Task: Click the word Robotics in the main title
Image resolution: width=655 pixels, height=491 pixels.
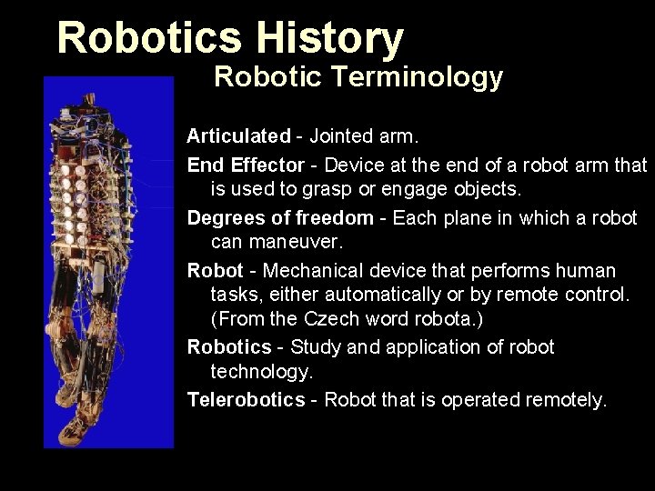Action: pyautogui.click(x=148, y=38)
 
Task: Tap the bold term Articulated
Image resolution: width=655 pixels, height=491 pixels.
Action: pyautogui.click(x=238, y=136)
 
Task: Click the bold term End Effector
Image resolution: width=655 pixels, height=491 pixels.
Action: pyautogui.click(x=245, y=165)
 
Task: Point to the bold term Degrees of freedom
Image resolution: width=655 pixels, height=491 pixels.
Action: pyautogui.click(x=280, y=218)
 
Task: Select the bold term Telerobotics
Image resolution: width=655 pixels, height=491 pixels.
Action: pyautogui.click(x=246, y=400)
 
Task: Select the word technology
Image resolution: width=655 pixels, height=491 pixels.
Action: pyautogui.click(x=261, y=373)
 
